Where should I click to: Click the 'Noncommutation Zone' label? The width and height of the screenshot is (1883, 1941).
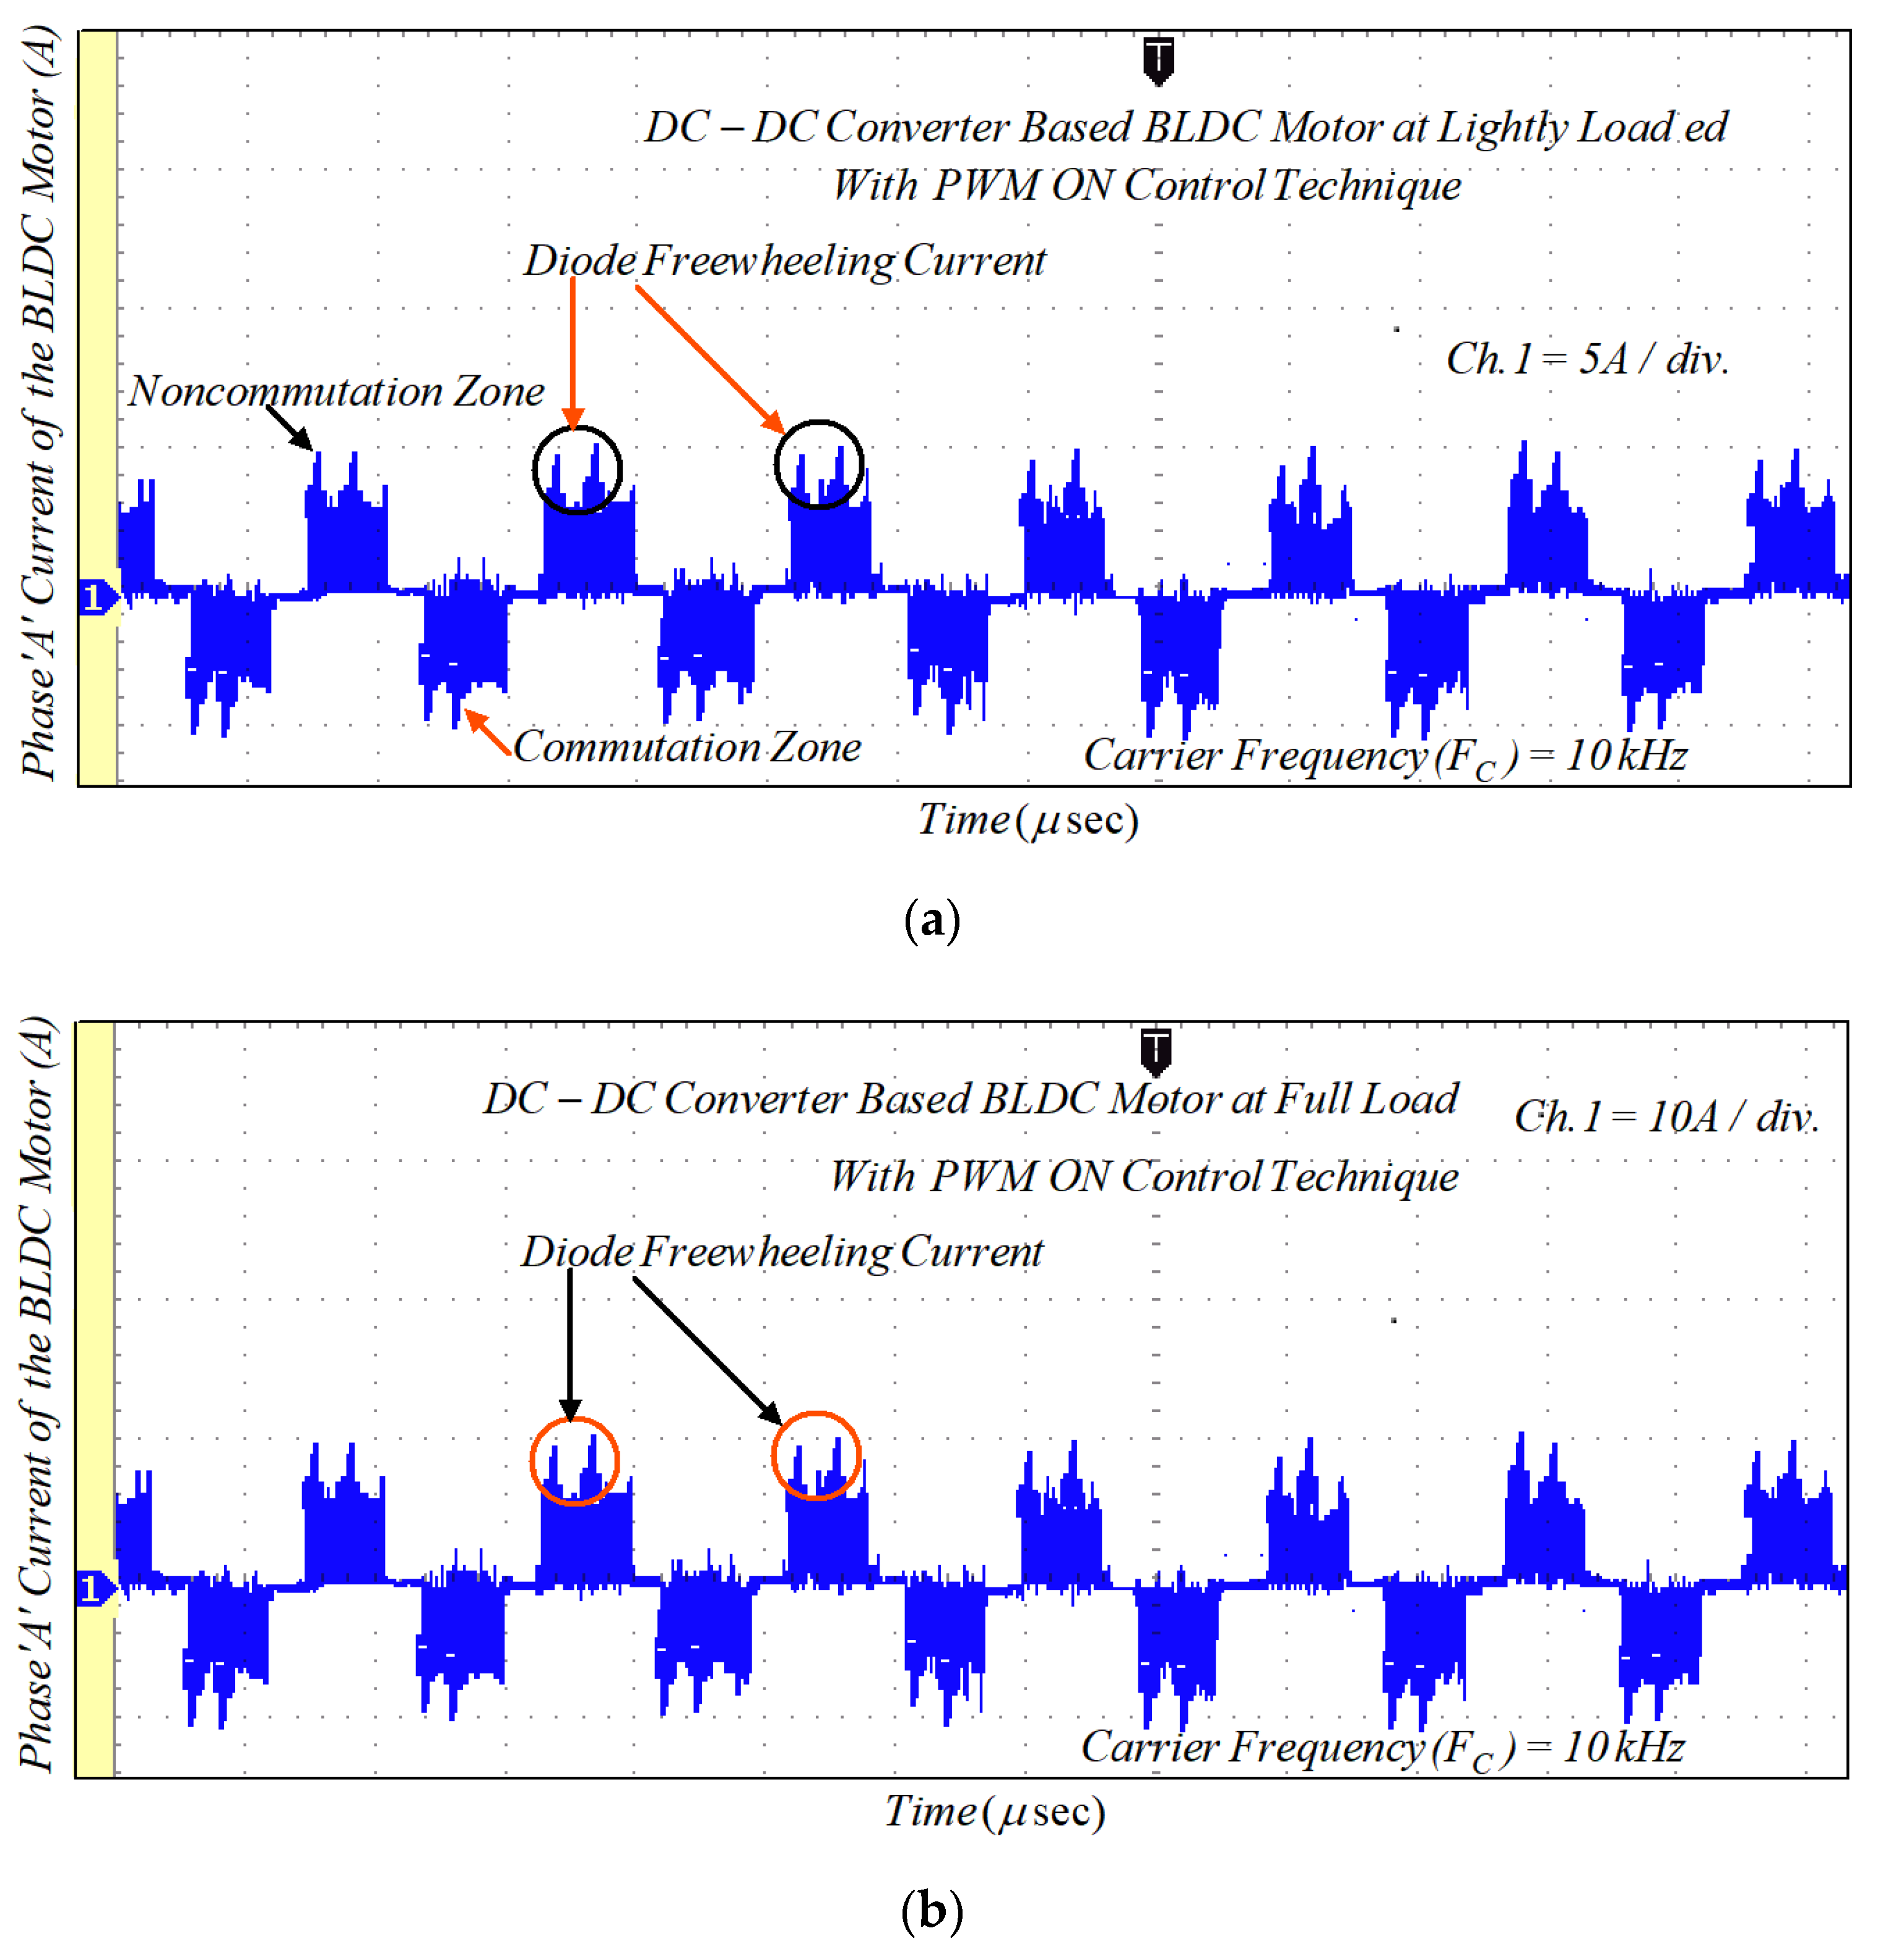click(337, 392)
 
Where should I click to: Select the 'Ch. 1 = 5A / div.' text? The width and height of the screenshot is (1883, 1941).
click(1587, 359)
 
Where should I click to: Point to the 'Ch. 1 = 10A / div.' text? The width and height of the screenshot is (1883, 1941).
click(1666, 1117)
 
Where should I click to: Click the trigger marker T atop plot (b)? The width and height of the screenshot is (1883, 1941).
click(1155, 1051)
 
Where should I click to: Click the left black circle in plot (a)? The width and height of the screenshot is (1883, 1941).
click(577, 469)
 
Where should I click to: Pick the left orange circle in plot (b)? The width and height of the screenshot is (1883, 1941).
click(574, 1460)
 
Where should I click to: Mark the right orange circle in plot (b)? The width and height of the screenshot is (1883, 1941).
click(816, 1455)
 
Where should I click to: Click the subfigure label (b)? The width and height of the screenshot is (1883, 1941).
click(932, 1909)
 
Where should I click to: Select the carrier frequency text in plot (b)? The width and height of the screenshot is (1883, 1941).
click(1382, 1748)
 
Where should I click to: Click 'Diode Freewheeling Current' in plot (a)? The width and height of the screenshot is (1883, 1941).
click(784, 261)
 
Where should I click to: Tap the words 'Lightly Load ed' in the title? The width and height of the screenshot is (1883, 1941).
click(1582, 128)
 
